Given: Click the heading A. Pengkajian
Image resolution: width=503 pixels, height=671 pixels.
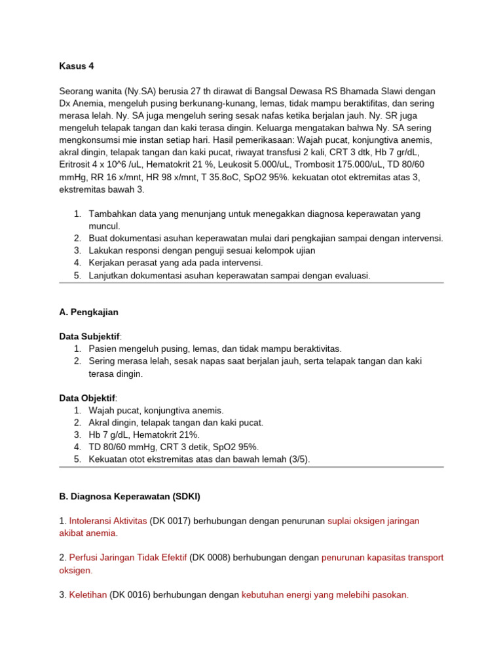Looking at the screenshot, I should click(88, 313).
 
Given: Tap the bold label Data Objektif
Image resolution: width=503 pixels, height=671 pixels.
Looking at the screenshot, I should click(87, 398).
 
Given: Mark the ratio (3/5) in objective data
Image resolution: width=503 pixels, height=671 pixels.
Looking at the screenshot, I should click(298, 460).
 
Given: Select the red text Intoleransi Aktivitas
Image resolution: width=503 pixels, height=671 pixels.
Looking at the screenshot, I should click(107, 521).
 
